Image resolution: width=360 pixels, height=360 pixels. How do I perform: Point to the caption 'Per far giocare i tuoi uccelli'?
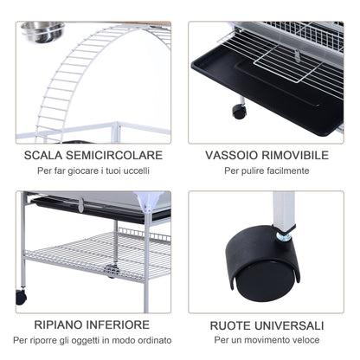pyautogui.click(x=93, y=171)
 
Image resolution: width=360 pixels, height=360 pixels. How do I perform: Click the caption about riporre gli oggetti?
pyautogui.click(x=93, y=340)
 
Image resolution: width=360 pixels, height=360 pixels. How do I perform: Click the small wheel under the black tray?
pyautogui.click(x=239, y=111)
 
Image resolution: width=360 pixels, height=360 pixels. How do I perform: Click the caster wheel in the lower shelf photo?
pyautogui.click(x=21, y=297)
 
